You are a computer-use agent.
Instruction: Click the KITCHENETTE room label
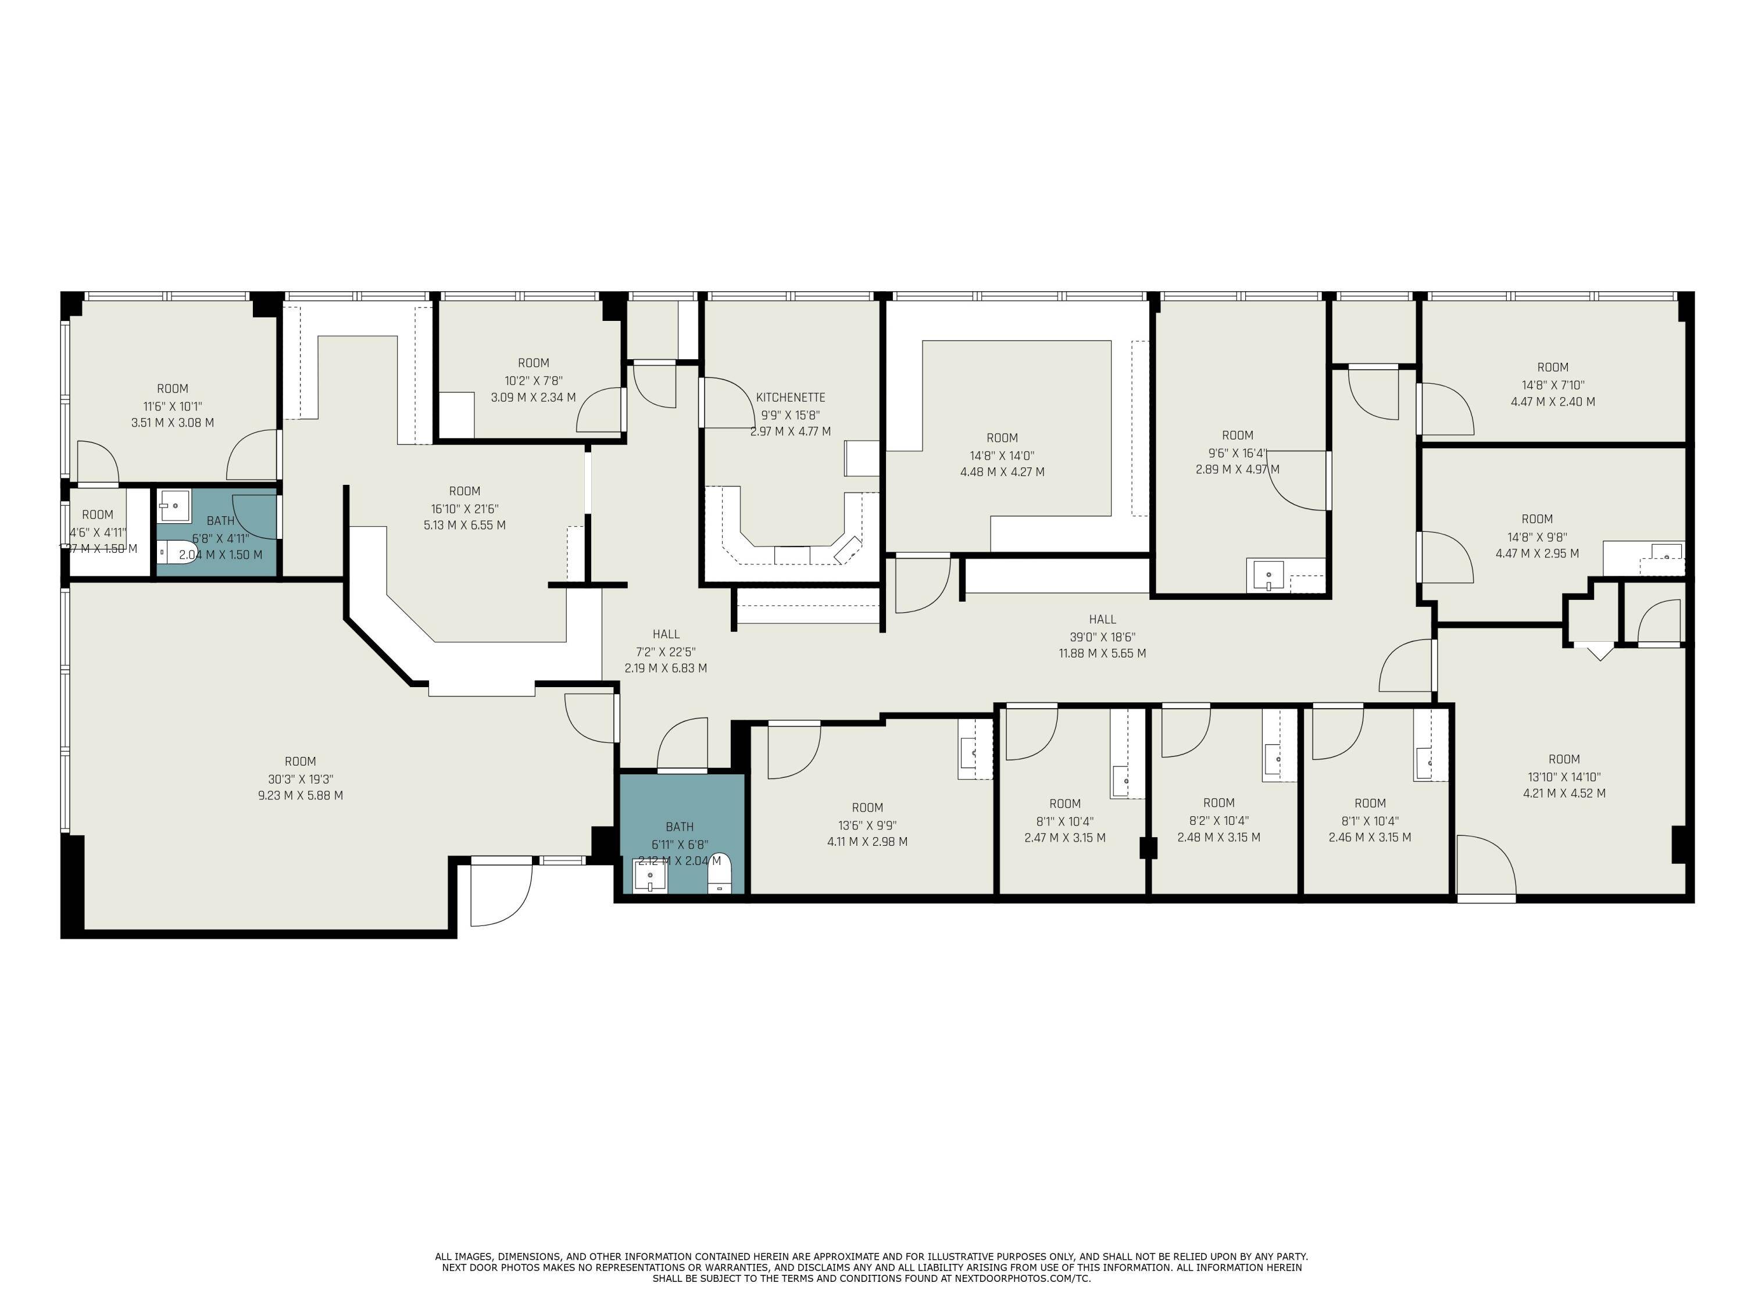(790, 398)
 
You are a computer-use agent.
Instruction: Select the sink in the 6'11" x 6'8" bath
(650, 877)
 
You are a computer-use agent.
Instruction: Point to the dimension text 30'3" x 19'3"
(301, 779)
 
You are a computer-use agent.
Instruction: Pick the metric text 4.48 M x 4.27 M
(1002, 472)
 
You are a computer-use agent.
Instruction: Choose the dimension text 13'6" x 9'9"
(867, 825)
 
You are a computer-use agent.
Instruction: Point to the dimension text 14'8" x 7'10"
(1552, 385)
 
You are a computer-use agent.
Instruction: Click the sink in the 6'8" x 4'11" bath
(173, 505)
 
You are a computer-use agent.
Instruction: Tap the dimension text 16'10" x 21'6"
(464, 509)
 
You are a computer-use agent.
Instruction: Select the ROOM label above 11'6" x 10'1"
(173, 389)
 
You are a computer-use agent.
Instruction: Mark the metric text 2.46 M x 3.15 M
(1370, 837)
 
